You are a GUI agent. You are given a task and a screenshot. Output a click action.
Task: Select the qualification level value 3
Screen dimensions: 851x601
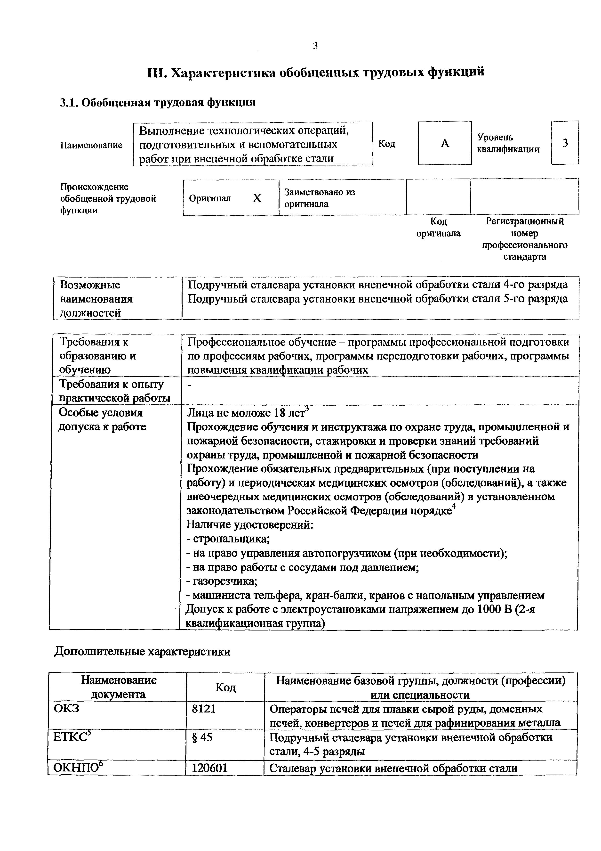(x=565, y=143)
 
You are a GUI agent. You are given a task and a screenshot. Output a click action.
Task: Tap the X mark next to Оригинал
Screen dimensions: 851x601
(x=257, y=199)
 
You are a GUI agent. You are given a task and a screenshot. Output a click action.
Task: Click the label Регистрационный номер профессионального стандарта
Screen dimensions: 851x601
(x=524, y=239)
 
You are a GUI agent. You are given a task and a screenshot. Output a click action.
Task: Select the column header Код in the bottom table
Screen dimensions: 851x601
(x=225, y=687)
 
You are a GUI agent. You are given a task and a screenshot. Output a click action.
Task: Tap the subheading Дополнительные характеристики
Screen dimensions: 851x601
(x=142, y=652)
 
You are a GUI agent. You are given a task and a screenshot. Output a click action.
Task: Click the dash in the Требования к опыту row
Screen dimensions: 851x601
(x=190, y=385)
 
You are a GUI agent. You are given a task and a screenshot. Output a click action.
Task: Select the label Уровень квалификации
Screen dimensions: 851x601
(x=508, y=143)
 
